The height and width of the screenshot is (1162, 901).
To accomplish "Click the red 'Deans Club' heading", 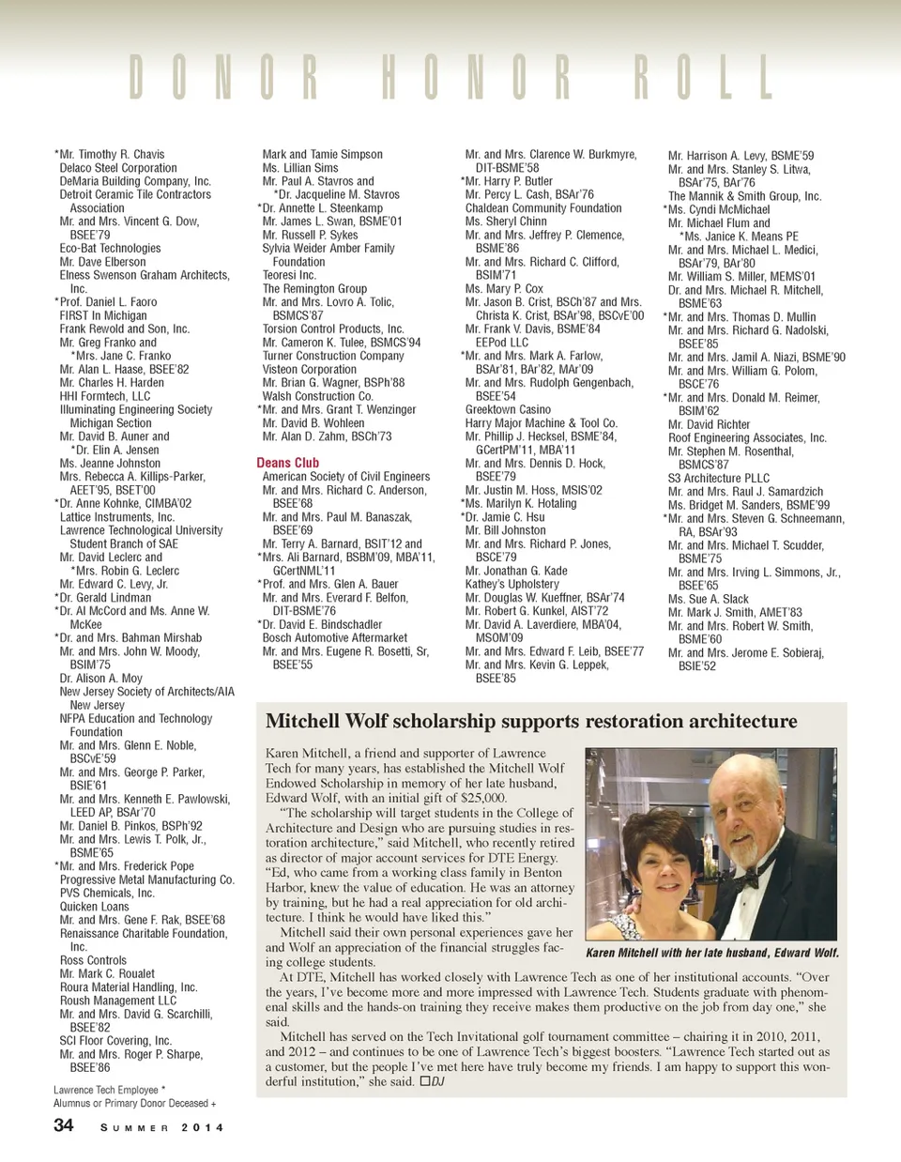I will click(x=287, y=463).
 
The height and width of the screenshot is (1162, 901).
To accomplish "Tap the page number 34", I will click(x=63, y=1124).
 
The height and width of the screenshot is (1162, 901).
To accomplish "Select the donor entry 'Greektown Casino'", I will click(x=508, y=409).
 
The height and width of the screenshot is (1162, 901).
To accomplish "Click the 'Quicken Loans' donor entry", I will click(x=94, y=907).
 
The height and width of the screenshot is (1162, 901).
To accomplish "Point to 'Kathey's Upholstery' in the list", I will click(x=512, y=584).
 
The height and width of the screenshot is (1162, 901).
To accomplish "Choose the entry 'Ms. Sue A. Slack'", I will click(x=708, y=599).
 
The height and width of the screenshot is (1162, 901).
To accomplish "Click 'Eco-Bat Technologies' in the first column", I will click(x=110, y=249).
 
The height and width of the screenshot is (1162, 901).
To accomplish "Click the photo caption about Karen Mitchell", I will click(x=711, y=953).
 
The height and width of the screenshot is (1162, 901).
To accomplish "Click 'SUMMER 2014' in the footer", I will click(x=161, y=1127).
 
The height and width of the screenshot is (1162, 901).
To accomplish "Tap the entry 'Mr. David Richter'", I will click(x=709, y=424).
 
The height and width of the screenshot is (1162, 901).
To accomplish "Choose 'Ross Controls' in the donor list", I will click(x=93, y=960).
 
